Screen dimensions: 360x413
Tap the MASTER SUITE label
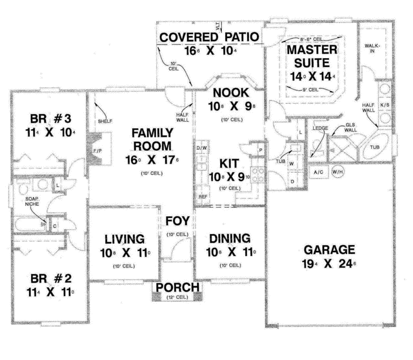308,56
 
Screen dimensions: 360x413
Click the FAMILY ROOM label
152,139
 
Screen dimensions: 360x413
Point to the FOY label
177,221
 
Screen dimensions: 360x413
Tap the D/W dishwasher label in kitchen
201,147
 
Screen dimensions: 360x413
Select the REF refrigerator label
201,196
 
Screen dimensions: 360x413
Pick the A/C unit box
318,172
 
